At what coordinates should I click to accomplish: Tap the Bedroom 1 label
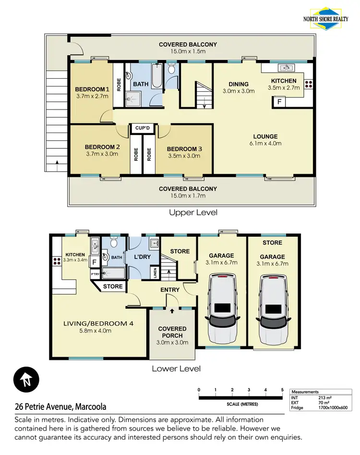pos(92,89)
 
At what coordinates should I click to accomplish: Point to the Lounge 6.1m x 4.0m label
pos(266,136)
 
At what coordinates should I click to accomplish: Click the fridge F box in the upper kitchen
pos(278,101)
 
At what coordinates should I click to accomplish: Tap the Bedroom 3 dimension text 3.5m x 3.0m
pos(185,156)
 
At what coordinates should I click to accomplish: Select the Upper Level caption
pos(193,212)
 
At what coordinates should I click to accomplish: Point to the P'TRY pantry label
pos(95,274)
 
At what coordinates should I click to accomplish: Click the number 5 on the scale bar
pos(282,390)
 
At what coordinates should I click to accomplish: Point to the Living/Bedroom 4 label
pos(98,323)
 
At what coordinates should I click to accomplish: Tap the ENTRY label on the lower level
pos(170,290)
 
